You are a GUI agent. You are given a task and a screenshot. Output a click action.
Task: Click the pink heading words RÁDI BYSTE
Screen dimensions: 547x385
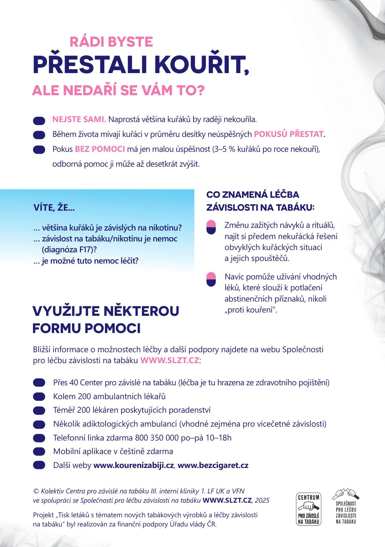click(x=111, y=42)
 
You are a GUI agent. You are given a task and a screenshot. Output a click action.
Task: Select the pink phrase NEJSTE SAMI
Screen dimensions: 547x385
click(x=79, y=119)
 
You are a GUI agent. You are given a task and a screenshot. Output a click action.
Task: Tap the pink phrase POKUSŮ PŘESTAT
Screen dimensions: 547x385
click(x=289, y=134)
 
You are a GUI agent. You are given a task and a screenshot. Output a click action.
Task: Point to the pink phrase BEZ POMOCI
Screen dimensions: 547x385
click(x=100, y=149)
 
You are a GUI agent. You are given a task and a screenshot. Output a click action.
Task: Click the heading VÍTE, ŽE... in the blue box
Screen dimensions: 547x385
click(x=54, y=208)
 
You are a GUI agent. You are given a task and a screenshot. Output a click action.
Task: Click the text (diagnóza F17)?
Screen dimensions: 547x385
click(x=69, y=250)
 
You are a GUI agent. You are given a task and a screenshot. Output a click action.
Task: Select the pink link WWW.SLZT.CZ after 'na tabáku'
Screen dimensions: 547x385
click(x=170, y=360)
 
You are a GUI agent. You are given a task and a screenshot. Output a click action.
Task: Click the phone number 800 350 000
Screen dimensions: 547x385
click(x=157, y=438)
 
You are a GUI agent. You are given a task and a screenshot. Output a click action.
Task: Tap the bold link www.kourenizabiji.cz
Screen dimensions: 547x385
click(x=133, y=465)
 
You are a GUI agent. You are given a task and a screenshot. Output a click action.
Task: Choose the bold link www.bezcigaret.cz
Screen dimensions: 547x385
click(x=213, y=465)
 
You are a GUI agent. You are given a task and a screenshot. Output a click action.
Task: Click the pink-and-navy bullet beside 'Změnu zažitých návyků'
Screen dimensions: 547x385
click(x=211, y=227)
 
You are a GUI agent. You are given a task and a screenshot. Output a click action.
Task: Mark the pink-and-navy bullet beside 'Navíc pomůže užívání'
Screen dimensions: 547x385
click(x=211, y=279)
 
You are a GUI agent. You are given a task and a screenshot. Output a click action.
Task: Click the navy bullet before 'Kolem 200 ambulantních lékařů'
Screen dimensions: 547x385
click(x=39, y=397)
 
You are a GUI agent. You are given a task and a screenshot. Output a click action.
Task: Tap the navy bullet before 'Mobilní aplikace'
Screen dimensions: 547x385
click(x=39, y=451)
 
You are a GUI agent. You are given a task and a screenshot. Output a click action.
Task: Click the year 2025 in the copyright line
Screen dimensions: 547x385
click(x=262, y=500)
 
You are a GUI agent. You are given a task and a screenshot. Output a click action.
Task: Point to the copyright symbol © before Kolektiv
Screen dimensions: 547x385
click(x=36, y=491)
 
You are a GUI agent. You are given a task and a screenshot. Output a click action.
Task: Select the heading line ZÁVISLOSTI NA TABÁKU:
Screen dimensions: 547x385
click(x=260, y=208)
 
